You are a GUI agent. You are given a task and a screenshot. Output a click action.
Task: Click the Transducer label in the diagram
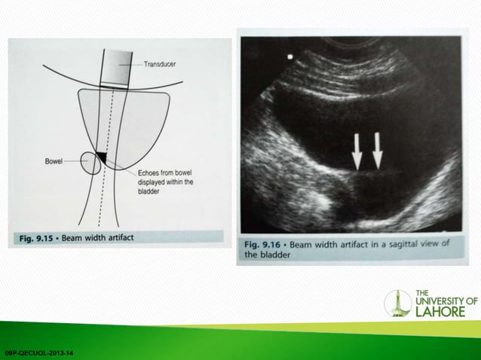click(x=161, y=65)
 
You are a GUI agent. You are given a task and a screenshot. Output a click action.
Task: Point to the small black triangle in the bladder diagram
click(x=101, y=157)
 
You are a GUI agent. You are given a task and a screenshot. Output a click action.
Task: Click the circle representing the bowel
click(x=93, y=163)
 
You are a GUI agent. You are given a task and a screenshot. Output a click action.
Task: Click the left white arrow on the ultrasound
click(x=357, y=151)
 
